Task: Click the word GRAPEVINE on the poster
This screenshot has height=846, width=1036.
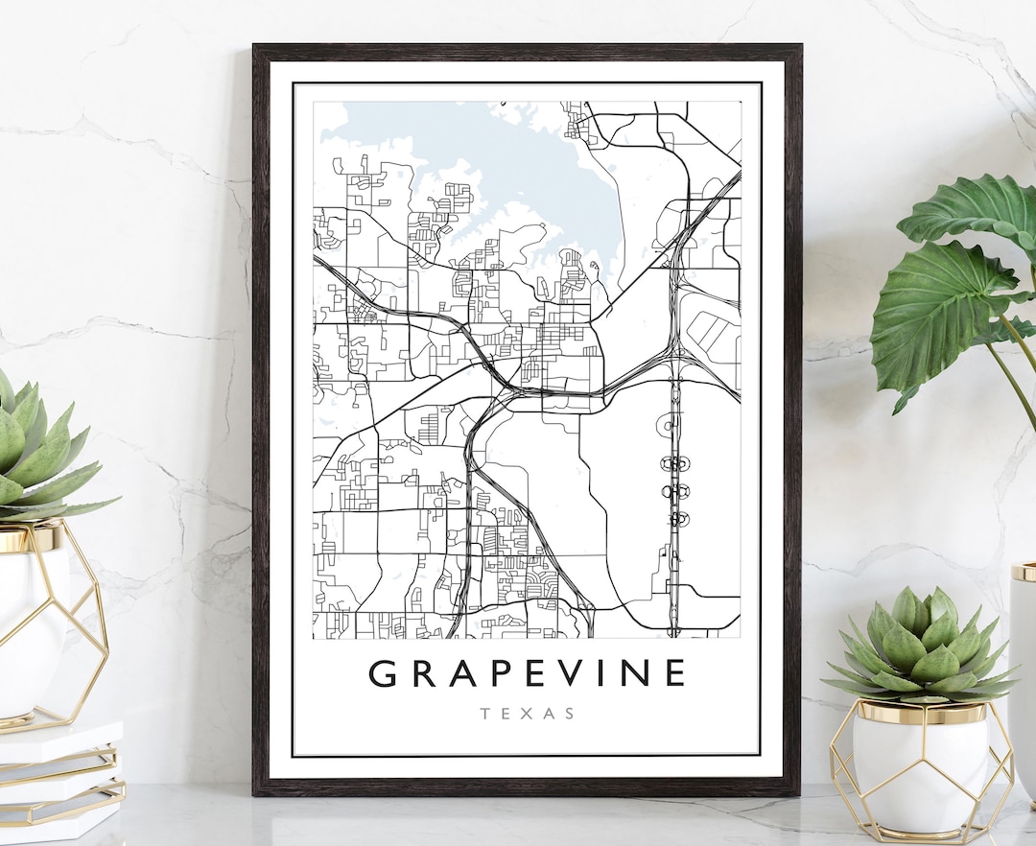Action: [x=528, y=673]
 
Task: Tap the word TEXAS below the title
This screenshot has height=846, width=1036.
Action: [x=528, y=714]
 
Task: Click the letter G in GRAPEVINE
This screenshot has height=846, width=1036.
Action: [x=383, y=673]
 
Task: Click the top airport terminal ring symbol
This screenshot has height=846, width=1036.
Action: [x=675, y=464]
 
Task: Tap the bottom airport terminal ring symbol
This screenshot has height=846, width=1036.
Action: [x=677, y=519]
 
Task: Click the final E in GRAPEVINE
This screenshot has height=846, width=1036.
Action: [x=676, y=673]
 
